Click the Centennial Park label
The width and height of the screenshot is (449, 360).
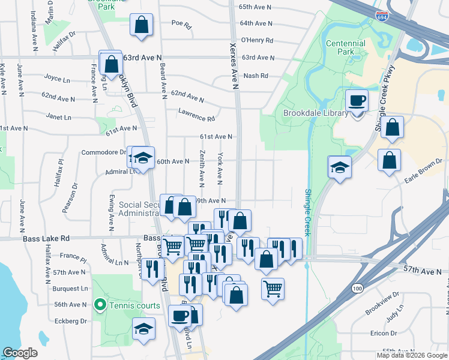[x=345, y=47]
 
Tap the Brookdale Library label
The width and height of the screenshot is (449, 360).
[x=316, y=113]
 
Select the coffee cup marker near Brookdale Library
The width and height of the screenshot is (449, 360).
[x=357, y=101]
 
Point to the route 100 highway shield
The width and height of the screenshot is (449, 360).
[x=358, y=289]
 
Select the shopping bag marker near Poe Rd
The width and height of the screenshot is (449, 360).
[x=141, y=26]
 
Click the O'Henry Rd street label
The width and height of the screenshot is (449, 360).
[x=257, y=41]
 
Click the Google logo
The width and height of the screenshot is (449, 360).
[x=20, y=353]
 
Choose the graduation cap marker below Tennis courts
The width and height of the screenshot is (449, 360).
[x=143, y=329]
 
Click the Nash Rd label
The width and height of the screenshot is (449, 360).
[x=255, y=76]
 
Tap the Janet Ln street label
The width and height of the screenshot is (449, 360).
[x=59, y=117]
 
